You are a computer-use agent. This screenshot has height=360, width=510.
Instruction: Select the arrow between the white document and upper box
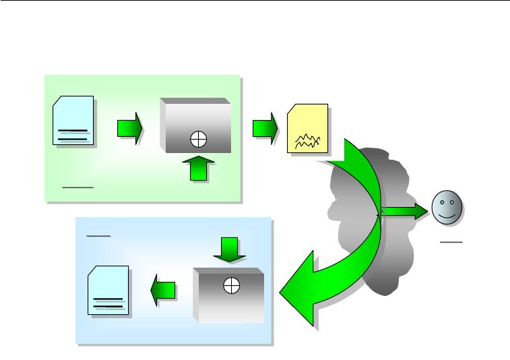click(x=129, y=127)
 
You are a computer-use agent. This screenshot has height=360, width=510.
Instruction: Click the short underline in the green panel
click(x=77, y=183)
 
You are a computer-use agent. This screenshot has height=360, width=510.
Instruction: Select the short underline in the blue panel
click(x=98, y=236)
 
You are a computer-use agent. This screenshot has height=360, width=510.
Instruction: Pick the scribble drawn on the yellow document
click(x=307, y=140)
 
